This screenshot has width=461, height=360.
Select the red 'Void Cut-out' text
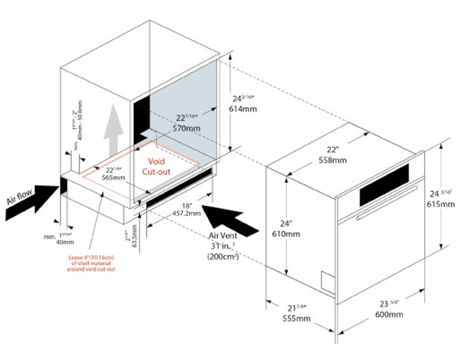tap(158, 167)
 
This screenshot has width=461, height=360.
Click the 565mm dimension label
tap(113, 177)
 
